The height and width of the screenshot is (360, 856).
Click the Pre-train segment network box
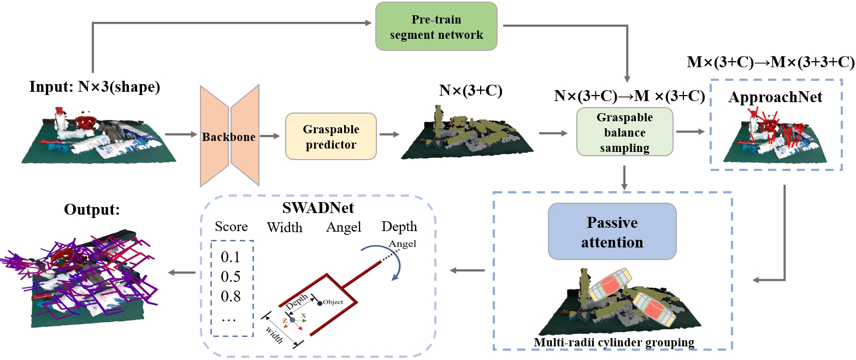coord(436,26)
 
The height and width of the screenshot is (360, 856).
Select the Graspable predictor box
coord(331,137)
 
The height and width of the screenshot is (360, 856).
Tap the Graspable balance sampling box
coord(624,133)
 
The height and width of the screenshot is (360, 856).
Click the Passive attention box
coord(612,231)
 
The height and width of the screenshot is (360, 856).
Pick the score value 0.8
coord(231,297)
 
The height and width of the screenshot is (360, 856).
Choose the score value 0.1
coord(231,257)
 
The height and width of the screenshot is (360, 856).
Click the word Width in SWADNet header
coord(285,227)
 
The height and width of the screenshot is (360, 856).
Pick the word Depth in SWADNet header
coord(399,227)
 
